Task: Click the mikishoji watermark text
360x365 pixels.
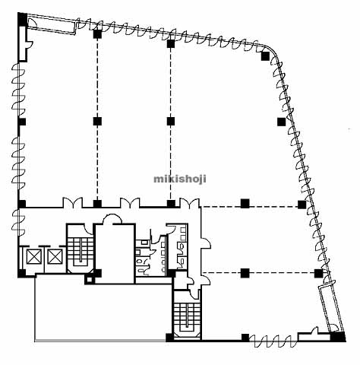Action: pos(180,179)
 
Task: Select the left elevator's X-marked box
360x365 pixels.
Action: pos(34,256)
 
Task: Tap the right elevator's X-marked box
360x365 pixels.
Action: pos(55,256)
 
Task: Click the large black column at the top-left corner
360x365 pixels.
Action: pos(22,19)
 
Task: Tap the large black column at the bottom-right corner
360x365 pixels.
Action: pos(338,337)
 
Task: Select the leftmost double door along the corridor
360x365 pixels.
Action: pos(72,202)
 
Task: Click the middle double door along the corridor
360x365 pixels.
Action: pos(130,202)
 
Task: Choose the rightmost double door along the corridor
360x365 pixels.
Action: pos(189,202)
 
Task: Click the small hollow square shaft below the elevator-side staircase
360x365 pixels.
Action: pos(89,280)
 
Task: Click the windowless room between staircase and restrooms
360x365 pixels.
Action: pos(115,253)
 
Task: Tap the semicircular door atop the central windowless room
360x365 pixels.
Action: pos(112,218)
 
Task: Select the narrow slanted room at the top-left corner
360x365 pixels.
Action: pos(52,25)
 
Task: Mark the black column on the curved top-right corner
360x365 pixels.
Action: pos(265,56)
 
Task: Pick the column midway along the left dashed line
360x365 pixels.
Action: pos(97,122)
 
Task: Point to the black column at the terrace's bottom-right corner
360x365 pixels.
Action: pos(170,338)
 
